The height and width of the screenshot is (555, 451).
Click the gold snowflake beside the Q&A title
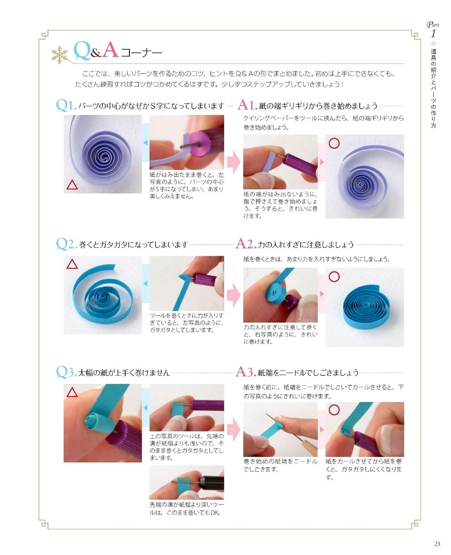click(60, 55)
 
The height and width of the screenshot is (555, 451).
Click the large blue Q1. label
click(66, 105)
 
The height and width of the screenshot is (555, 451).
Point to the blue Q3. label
click(66, 372)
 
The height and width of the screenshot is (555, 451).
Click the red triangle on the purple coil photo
click(72, 185)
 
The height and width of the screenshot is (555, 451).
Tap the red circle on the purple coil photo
click(334, 143)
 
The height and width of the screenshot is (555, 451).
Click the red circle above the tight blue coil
click(334, 276)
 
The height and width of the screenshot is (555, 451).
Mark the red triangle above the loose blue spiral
click(72, 264)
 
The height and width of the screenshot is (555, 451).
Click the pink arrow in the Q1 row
click(233, 162)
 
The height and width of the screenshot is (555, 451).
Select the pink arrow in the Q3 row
click(233, 430)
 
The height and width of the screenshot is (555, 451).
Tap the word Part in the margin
click(433, 25)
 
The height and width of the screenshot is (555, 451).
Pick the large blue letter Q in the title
click(82, 51)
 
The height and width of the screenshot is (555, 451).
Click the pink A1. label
click(247, 105)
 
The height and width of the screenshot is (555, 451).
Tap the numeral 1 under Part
click(433, 33)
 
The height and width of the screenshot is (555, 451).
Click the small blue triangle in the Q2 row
click(146, 283)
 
